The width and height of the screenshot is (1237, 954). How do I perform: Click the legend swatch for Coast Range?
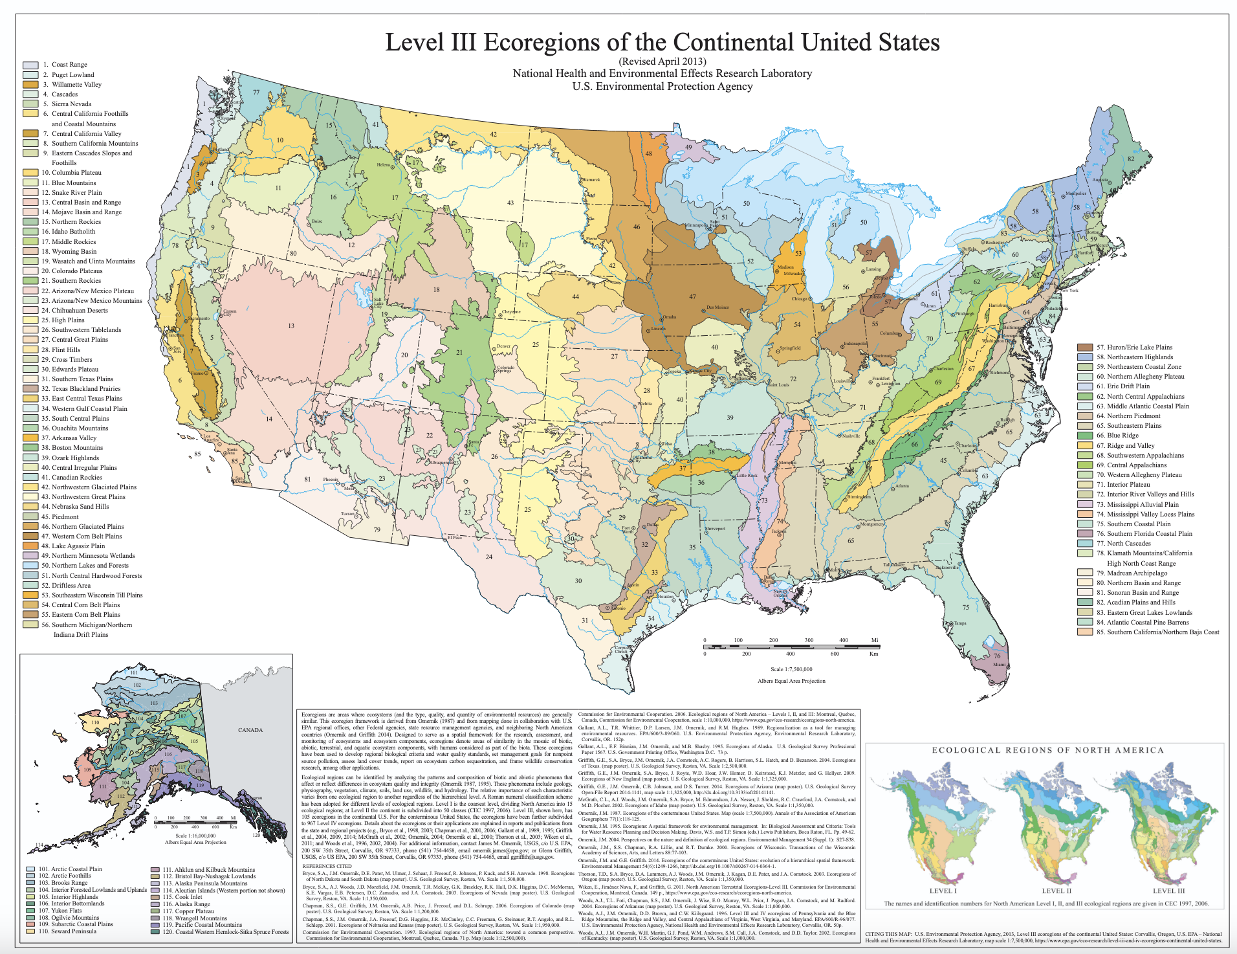coord(30,65)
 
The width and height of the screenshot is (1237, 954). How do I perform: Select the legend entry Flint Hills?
coord(66,349)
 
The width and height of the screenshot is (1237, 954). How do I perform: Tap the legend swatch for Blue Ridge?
coord(1085,436)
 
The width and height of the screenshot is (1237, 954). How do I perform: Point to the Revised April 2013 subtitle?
coord(662,62)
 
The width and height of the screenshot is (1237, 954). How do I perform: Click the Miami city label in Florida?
coord(1000,664)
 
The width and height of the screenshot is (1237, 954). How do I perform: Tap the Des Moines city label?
coord(717,307)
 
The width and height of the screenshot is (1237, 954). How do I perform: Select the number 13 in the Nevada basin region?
coord(291,326)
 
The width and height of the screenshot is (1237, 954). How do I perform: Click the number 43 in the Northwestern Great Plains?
coord(510,203)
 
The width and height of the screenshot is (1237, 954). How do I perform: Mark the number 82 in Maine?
coord(1131,159)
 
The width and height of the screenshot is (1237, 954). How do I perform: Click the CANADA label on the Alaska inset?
coord(250,730)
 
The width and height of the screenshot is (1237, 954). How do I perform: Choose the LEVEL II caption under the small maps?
coord(1055,891)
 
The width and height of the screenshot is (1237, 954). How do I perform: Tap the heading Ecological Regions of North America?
coord(1047,750)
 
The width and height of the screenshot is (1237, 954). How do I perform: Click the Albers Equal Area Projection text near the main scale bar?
coord(791,681)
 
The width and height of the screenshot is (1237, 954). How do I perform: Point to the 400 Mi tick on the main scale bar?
coord(844,640)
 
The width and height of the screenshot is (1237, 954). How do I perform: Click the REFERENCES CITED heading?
coord(327,866)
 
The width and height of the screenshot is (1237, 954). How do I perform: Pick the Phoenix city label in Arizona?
coord(331,480)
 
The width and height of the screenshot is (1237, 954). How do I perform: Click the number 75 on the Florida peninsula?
coord(966,607)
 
